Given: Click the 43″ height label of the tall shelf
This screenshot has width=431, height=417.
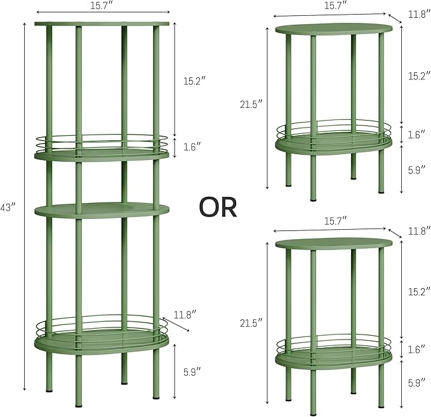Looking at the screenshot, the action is (x=7, y=208).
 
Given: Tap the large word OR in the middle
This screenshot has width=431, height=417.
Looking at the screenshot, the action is (x=218, y=208).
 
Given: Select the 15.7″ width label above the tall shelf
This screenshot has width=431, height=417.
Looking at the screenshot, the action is (x=102, y=6).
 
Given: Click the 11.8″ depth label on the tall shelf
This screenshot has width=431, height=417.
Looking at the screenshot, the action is (x=185, y=315).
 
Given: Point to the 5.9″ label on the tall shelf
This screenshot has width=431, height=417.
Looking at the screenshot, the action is (x=192, y=372).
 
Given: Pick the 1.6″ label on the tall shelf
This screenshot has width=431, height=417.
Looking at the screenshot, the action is (x=192, y=147).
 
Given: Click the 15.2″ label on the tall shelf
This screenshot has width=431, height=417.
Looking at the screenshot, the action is (x=195, y=81).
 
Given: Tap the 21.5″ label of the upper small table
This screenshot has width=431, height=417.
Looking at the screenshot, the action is (x=251, y=104).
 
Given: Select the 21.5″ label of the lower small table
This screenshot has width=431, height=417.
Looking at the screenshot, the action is (x=251, y=323).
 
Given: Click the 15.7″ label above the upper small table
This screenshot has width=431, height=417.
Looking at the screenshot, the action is (x=336, y=5).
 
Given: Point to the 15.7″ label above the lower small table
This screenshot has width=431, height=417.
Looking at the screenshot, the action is (x=336, y=221).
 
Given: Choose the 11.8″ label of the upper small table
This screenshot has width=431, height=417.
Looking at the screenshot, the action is (x=419, y=14).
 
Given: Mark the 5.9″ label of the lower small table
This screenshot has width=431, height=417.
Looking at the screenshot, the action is (x=416, y=383).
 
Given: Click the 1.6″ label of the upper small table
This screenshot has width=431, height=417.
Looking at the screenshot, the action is (x=416, y=135).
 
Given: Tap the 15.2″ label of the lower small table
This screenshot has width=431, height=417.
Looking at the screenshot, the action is (x=419, y=291).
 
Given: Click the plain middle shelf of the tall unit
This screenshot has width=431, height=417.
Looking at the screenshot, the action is (x=102, y=211).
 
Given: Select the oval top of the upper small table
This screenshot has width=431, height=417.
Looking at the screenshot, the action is (x=334, y=29).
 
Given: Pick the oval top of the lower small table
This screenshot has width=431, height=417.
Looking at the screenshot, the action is (x=334, y=244).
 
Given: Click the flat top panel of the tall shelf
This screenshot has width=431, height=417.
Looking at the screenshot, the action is (x=102, y=24).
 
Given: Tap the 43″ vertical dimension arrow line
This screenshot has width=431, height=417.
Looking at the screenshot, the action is (x=25, y=206).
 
